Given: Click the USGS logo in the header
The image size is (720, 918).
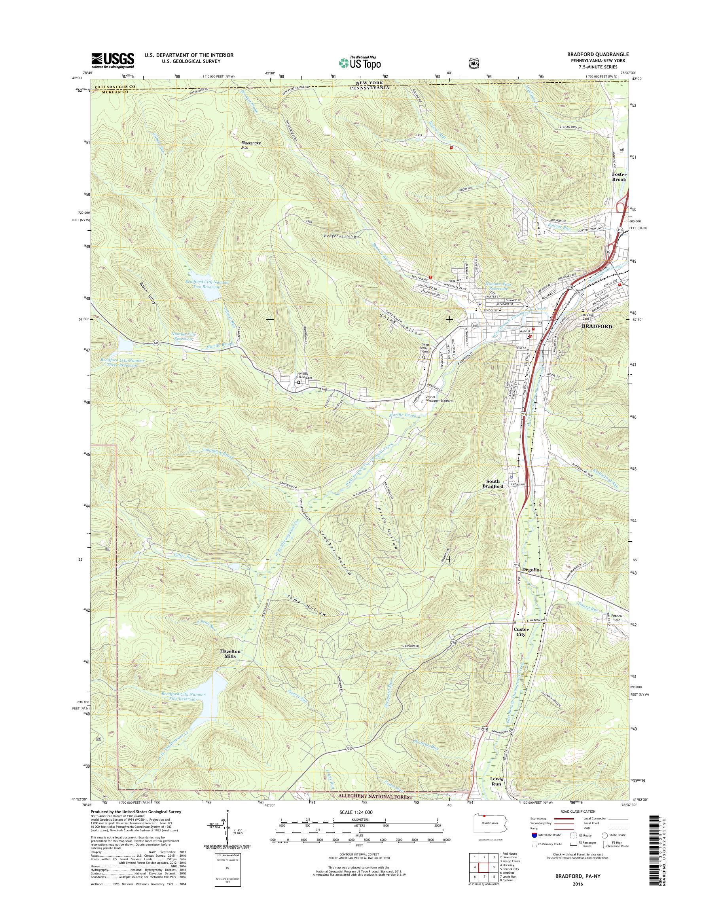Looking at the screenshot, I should coord(113,60).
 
